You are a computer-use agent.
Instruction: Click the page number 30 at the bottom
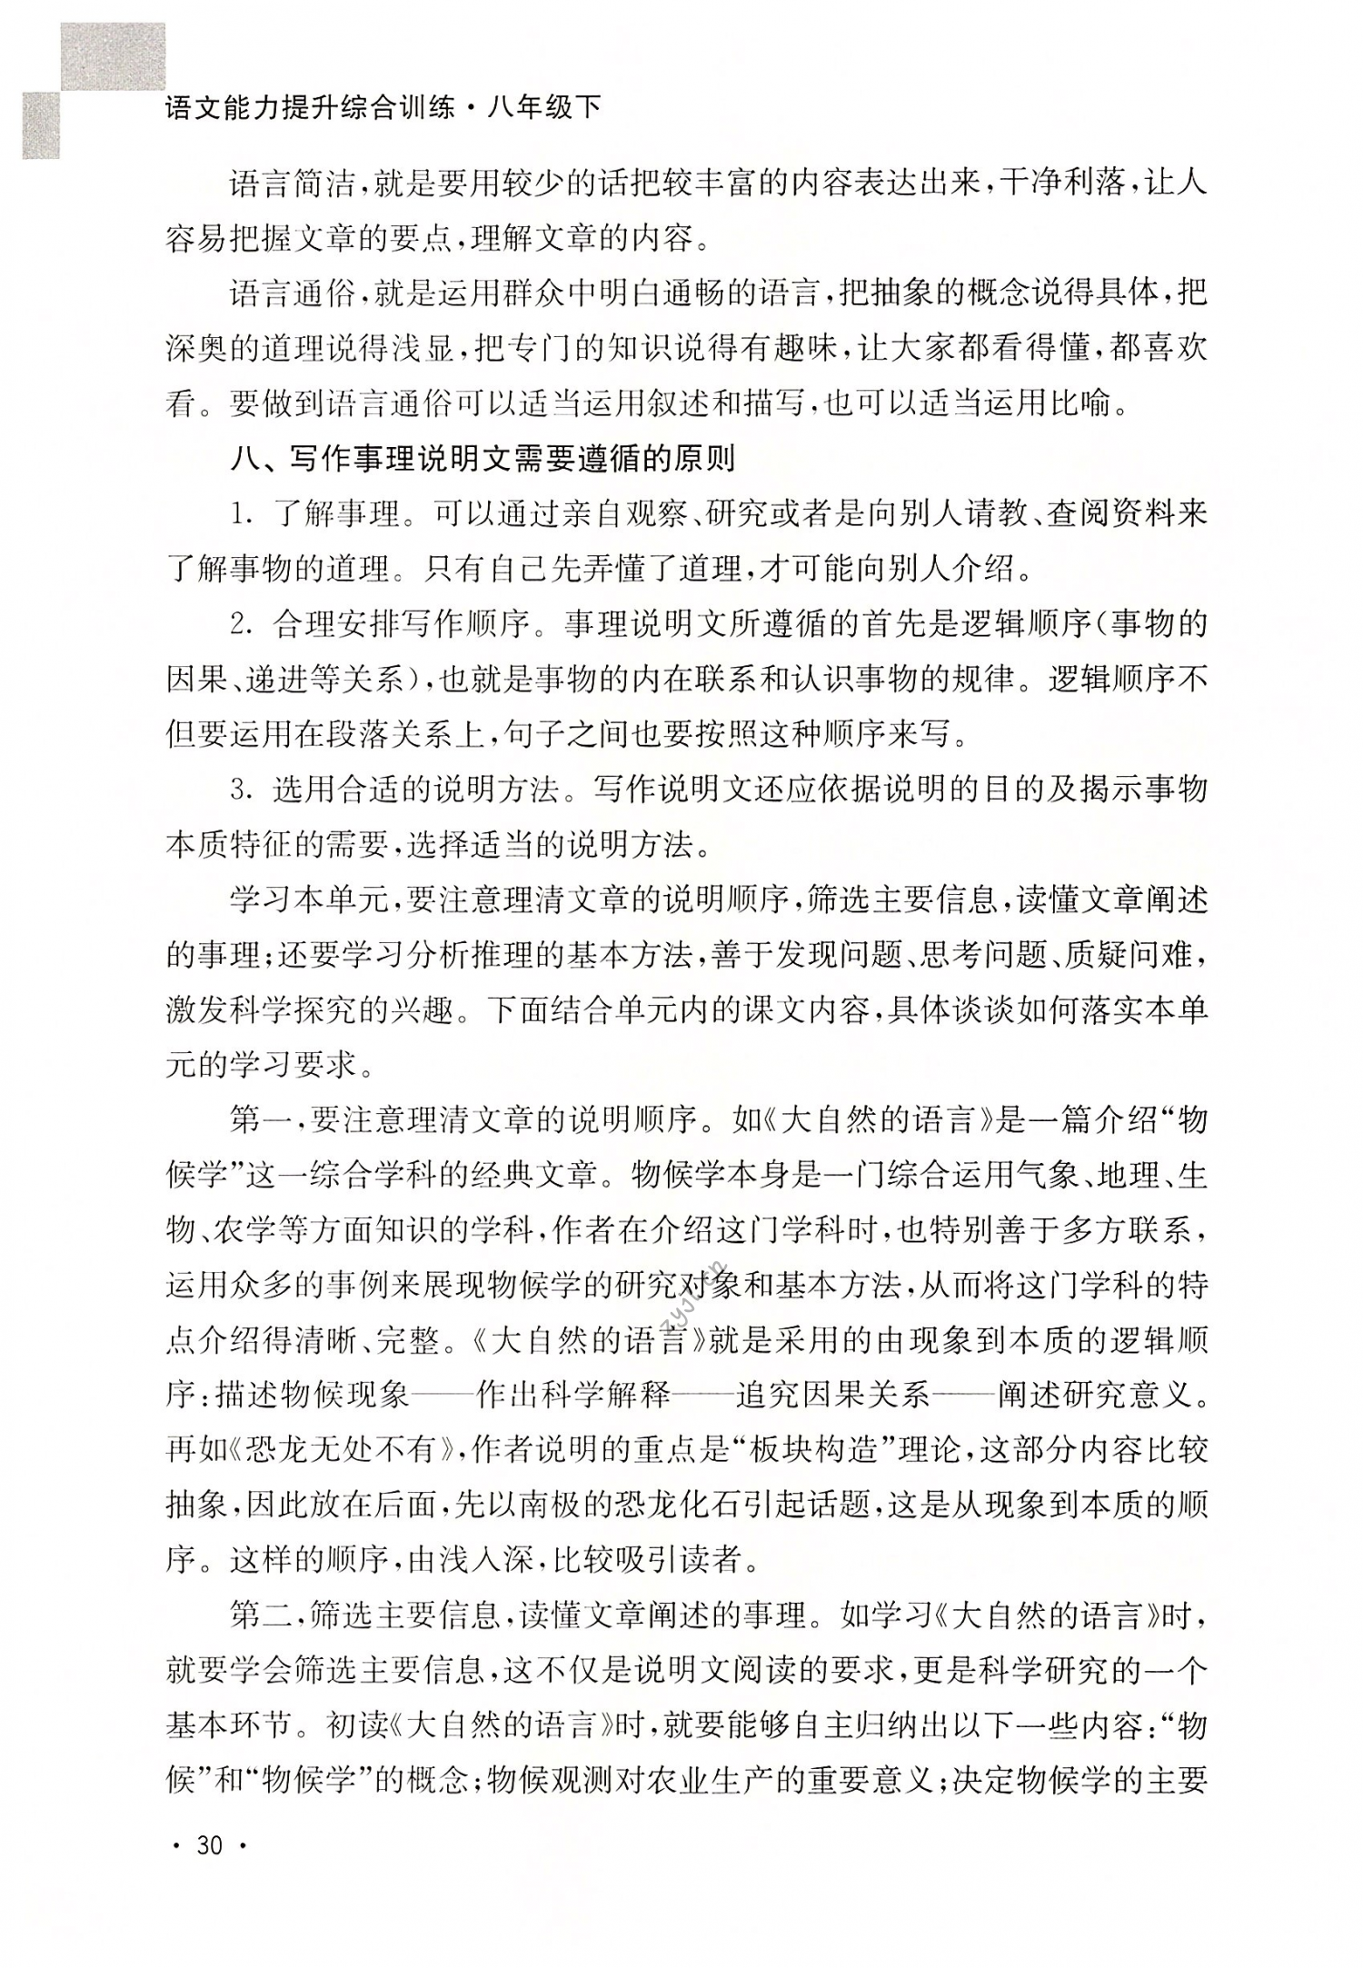(209, 1845)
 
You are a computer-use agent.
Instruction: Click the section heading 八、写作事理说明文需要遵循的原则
(483, 460)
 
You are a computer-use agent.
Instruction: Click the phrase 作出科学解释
(573, 1395)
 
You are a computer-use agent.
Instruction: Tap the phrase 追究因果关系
(833, 1395)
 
